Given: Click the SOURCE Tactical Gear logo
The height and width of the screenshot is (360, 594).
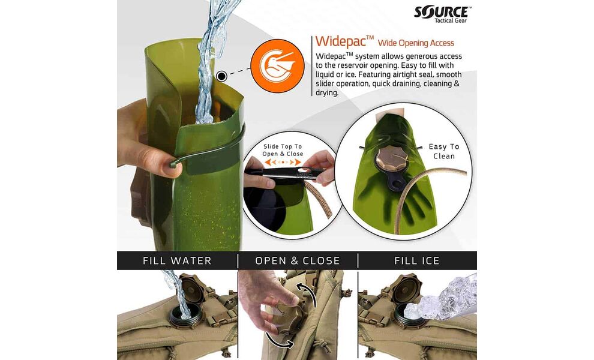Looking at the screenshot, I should pos(442,13).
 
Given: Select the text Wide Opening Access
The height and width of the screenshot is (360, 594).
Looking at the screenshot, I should pos(416,43).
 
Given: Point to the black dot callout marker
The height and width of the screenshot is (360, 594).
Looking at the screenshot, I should pos(221,76).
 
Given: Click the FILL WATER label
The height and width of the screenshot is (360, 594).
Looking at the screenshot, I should pos(177,261).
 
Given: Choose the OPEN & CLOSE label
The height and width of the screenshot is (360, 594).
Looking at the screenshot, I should pos(298,261).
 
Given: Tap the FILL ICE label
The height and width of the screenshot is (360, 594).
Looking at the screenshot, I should pos(417,261).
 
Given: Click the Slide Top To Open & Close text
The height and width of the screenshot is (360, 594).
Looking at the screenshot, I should pos(283,150).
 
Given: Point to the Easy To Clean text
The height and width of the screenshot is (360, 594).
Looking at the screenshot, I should pos(444,151).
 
